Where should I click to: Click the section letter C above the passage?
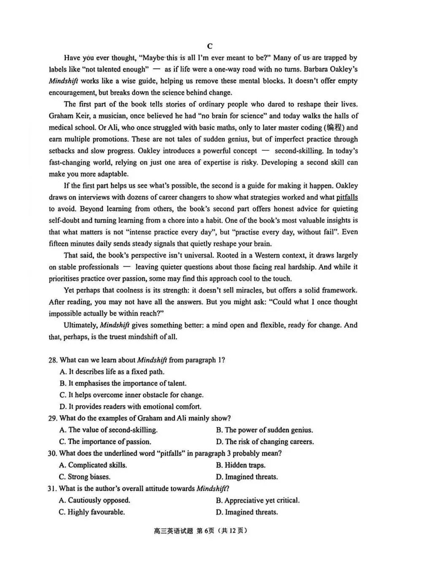[210, 46]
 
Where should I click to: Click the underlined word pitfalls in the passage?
[347, 197]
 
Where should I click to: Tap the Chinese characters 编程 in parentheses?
[334, 127]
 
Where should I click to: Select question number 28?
[53, 360]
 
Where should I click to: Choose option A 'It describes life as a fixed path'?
[112, 372]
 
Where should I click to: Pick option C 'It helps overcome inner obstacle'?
[131, 395]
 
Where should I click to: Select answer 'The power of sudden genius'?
[265, 430]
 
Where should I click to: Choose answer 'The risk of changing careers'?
[265, 442]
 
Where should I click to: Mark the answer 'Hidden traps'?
[240, 465]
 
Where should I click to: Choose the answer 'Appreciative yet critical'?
[258, 500]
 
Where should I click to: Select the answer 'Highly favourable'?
[92, 512]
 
